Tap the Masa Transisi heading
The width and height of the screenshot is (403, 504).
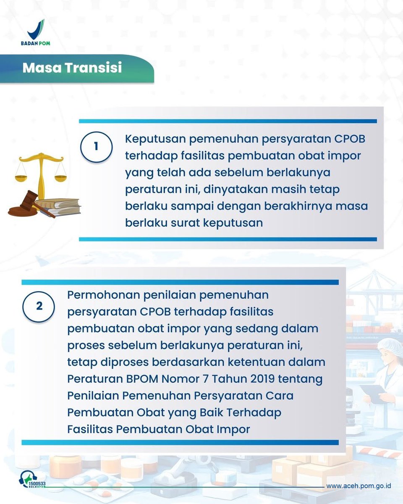tap(72, 68)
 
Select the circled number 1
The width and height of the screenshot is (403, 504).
tap(96, 147)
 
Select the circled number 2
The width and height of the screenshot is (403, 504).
tap(39, 306)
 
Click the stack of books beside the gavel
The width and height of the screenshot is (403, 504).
tap(59, 207)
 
